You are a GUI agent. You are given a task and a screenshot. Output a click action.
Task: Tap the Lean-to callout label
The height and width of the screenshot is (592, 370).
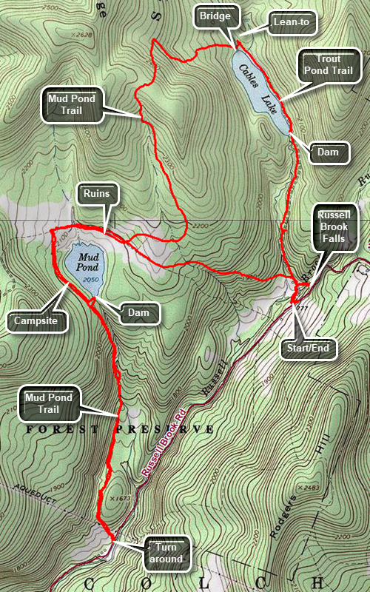click(290, 23)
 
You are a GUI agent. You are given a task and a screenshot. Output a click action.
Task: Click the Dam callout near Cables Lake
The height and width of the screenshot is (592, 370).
click(327, 152)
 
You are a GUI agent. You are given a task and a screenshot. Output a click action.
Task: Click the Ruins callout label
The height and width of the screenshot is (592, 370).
click(96, 195)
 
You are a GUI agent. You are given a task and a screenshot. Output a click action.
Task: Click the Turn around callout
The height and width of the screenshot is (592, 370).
click(168, 552)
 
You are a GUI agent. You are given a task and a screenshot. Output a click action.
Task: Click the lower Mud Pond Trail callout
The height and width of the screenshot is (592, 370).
click(49, 404)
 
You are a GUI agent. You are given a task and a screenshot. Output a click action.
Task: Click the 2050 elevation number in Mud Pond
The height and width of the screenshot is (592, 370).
click(92, 280)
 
